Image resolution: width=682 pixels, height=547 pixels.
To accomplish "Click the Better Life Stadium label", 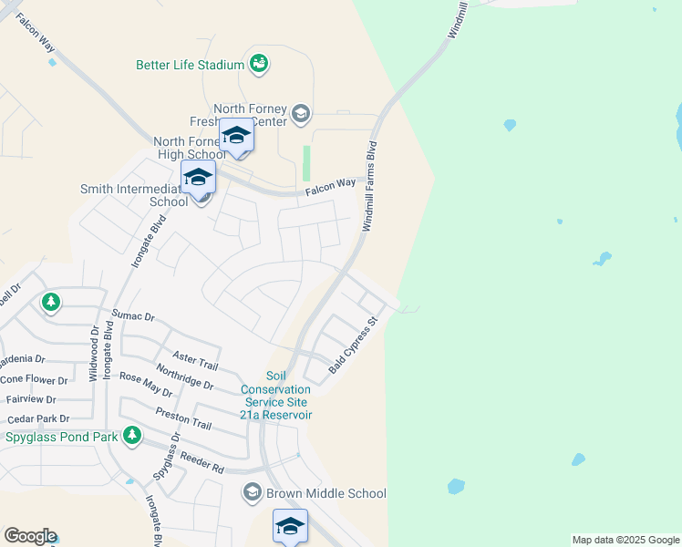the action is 190,65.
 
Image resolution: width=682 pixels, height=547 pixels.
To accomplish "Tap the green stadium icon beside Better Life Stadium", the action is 259,63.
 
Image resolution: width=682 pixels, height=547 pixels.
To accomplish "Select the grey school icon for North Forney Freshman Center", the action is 301,115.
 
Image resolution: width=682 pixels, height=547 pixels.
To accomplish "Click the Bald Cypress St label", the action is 353,346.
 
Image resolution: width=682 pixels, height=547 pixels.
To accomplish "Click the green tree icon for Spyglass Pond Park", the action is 132,435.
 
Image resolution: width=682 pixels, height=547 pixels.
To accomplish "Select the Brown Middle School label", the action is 325,493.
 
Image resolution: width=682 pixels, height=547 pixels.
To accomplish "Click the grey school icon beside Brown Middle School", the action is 253,493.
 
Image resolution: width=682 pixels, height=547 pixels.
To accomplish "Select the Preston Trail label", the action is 183,418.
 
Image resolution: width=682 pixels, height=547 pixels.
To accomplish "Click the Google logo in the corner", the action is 30,536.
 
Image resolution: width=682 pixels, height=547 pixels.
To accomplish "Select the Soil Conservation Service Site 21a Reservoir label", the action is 276,396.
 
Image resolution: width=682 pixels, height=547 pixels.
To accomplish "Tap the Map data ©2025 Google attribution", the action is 625,540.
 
